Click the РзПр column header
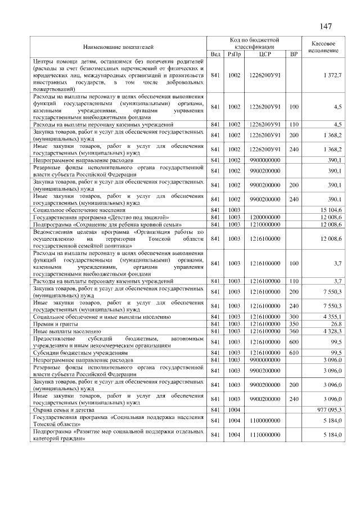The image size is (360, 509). point(233,53)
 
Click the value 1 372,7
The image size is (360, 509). point(332,75)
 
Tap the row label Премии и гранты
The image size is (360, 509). point(55,324)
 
